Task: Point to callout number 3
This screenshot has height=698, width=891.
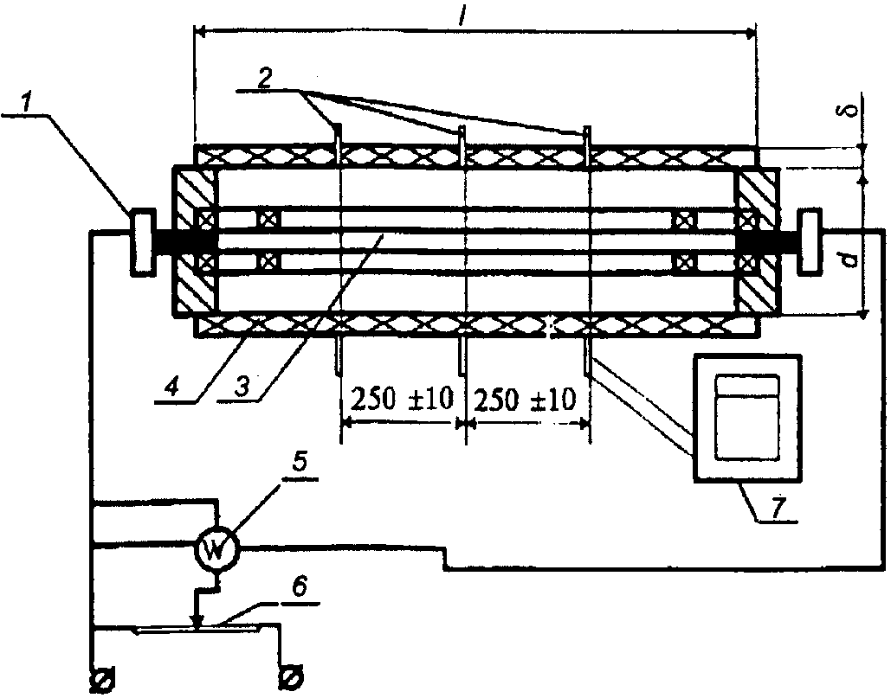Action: (x=242, y=387)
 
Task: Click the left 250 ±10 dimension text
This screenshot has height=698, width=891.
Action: (x=403, y=399)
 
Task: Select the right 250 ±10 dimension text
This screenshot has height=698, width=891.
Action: (x=525, y=400)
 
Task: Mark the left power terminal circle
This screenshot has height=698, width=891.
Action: (x=103, y=679)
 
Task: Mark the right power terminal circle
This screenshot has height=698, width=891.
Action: (x=292, y=677)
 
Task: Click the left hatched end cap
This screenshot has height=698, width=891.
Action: (x=193, y=240)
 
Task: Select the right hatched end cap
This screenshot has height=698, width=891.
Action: (x=758, y=240)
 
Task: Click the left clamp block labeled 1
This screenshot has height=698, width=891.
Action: (x=143, y=242)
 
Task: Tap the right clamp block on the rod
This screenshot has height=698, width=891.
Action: (x=809, y=241)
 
